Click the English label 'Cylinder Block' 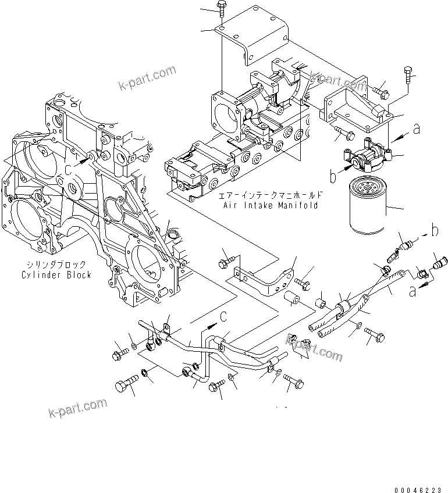click(56, 275)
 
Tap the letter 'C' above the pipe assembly click(222, 316)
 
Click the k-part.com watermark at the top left click(147, 78)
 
